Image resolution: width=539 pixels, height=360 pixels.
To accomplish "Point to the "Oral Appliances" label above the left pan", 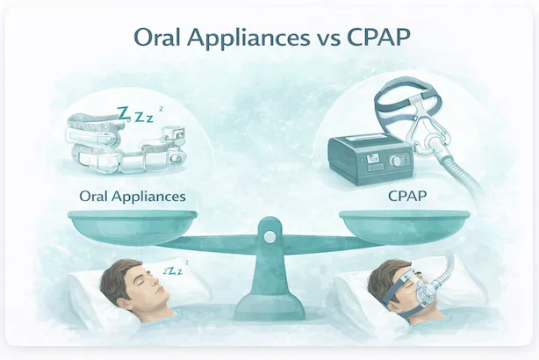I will pyautogui.click(x=133, y=196).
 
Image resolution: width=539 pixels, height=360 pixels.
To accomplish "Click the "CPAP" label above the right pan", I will pyautogui.click(x=406, y=196).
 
